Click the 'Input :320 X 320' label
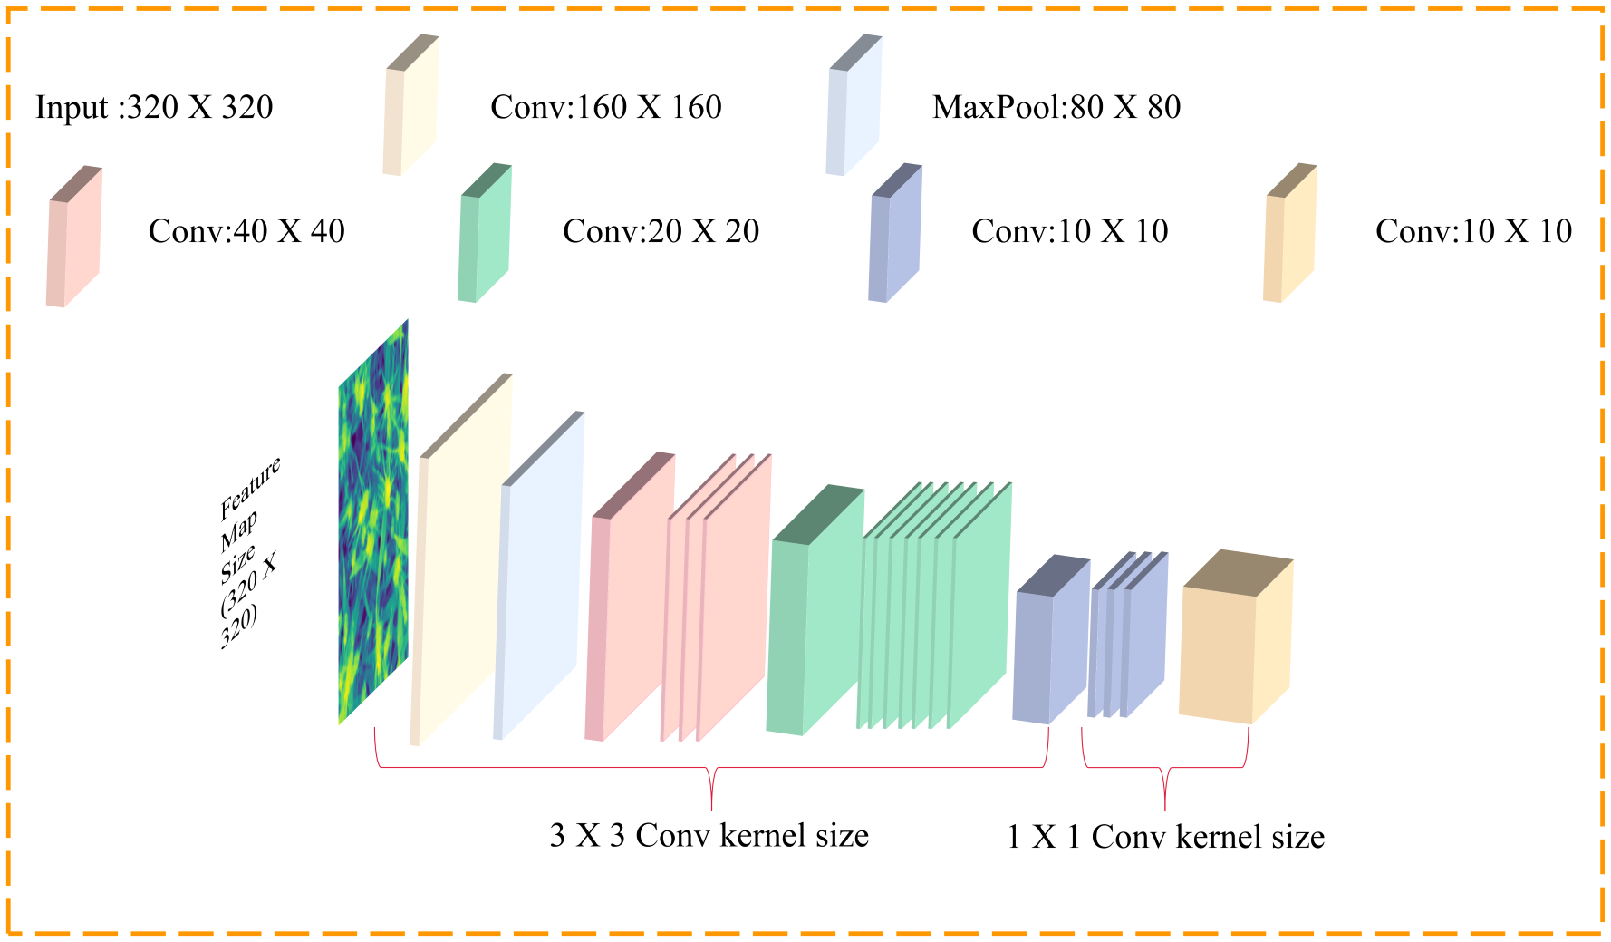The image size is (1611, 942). coord(154,108)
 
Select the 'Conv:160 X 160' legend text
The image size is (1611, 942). coord(605,108)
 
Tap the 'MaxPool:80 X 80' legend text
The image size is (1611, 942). coord(1056,108)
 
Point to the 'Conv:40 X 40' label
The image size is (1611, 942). coord(246,232)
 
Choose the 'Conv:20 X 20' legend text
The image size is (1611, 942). coord(661,232)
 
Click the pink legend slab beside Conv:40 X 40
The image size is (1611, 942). coord(74,238)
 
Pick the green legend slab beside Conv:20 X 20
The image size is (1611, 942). coord(485,234)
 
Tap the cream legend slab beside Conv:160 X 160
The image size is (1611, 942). coord(411,106)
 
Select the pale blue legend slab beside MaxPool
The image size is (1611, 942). coord(854,106)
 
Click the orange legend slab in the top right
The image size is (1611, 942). coord(1289,234)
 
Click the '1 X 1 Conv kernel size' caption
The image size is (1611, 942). coord(1165,837)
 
